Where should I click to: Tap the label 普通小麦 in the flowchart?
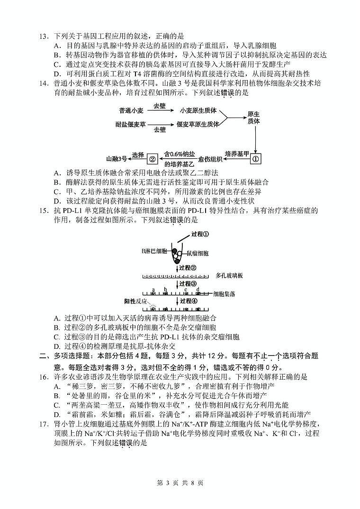pos(131,110)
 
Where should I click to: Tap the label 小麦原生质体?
pos(198,110)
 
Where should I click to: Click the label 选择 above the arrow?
pos(137,155)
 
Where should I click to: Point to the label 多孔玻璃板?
pos(229,275)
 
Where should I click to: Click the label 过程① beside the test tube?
pos(200,234)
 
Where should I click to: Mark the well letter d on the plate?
pos(198,289)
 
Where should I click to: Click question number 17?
pos(44,411)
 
